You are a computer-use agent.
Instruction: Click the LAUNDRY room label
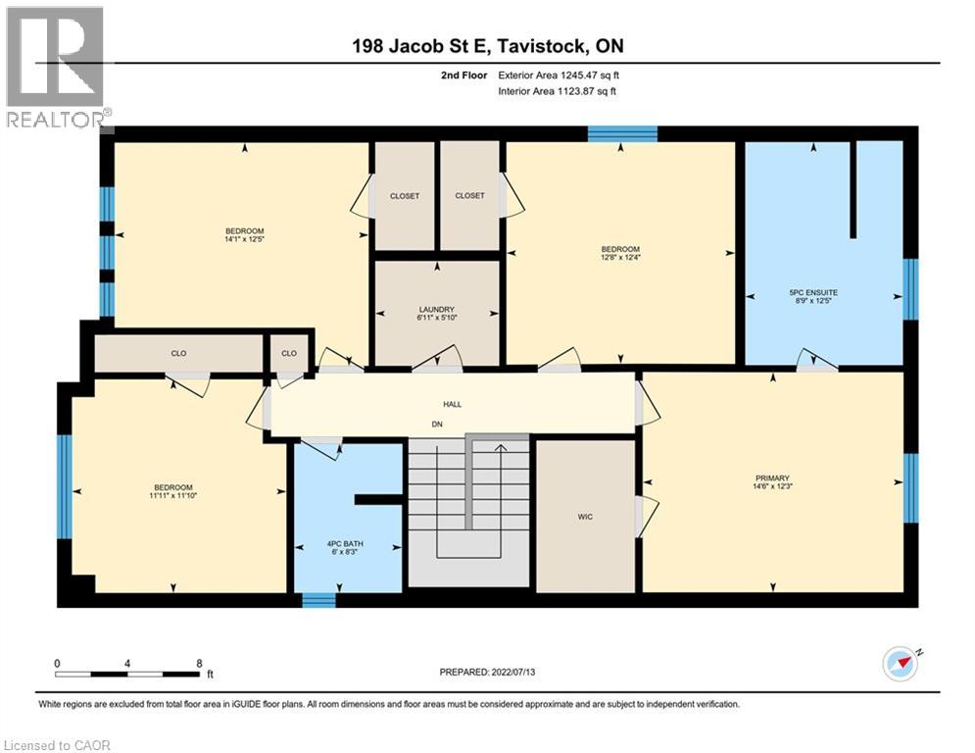(437, 310)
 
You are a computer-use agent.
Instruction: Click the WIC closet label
(585, 517)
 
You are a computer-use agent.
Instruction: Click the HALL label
(452, 404)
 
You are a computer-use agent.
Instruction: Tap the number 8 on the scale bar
(199, 663)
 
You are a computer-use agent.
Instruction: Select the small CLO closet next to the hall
(289, 353)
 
